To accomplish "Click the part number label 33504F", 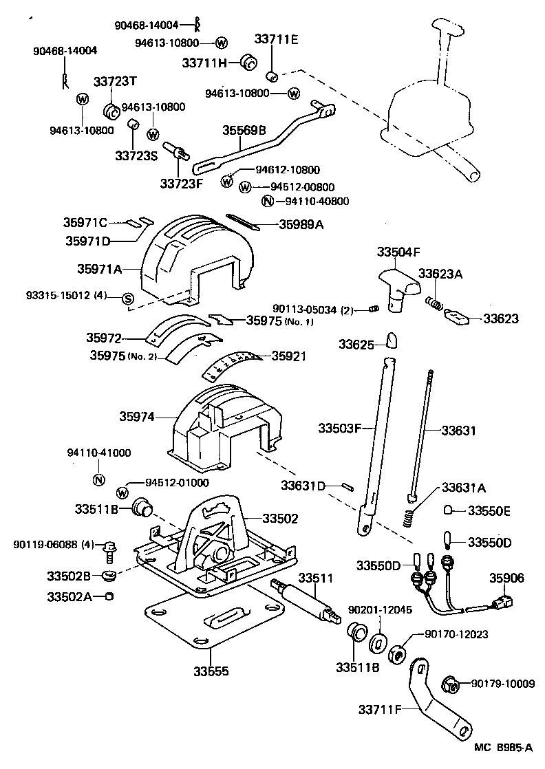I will (x=398, y=252).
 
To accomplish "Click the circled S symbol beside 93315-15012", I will (x=127, y=298).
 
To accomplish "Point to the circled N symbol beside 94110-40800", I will (x=268, y=202).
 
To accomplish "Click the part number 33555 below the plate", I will (x=211, y=671).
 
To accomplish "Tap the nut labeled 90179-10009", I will (x=447, y=683).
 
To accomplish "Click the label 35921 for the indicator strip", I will (x=288, y=356).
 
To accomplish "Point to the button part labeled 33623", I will (x=456, y=317).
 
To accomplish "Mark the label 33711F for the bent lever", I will (x=377, y=709).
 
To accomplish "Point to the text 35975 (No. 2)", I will (x=122, y=356).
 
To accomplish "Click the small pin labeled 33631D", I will (x=348, y=485).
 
